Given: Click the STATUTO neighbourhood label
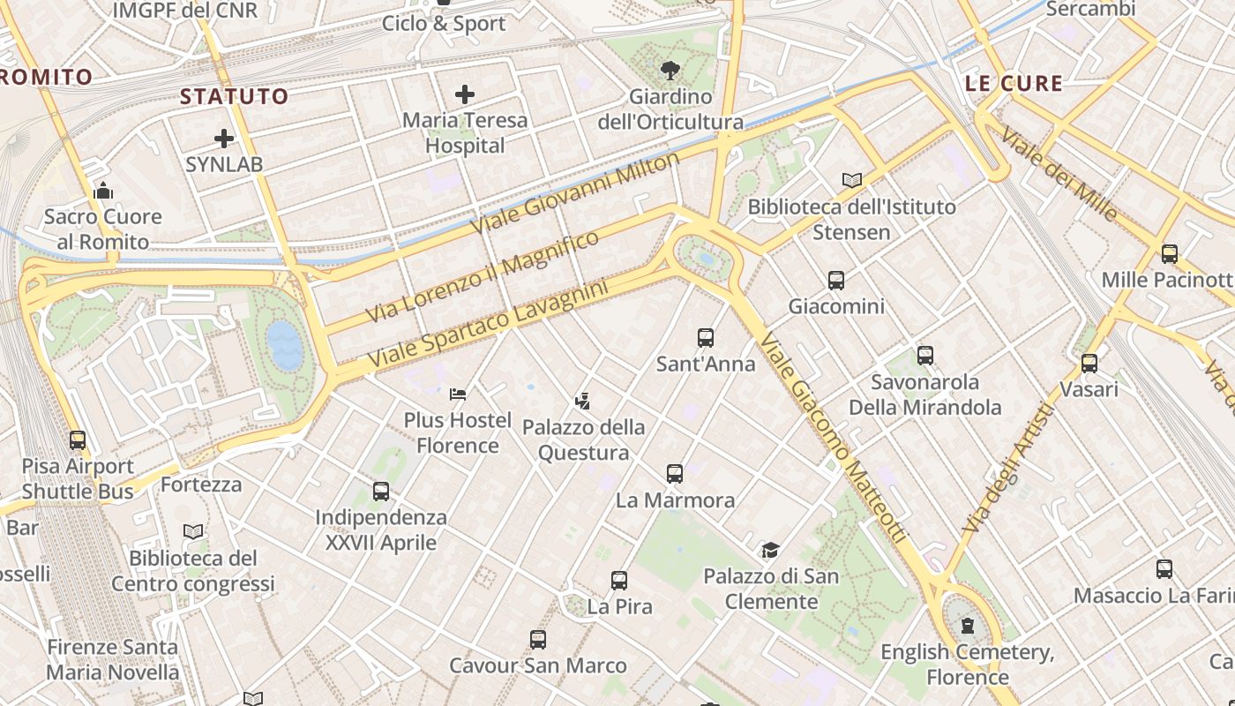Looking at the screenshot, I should click(x=235, y=96).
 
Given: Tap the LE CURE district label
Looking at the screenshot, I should click(x=1014, y=84).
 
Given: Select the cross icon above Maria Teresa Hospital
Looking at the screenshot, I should click(x=465, y=94).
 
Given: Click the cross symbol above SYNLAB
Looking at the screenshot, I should click(x=224, y=139).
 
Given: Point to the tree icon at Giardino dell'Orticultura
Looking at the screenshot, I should click(x=670, y=70).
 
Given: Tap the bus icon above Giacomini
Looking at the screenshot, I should click(x=836, y=281).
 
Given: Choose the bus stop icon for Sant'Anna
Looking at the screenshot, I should click(x=706, y=337).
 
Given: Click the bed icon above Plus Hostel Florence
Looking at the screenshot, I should click(x=458, y=394).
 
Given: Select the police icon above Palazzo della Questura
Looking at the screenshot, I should click(x=582, y=402).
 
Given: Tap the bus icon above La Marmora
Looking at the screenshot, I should click(x=675, y=474).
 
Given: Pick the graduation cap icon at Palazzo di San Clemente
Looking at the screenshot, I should click(x=770, y=551).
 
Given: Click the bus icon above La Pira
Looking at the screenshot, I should click(x=619, y=581).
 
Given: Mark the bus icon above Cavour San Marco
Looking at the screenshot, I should click(x=538, y=640).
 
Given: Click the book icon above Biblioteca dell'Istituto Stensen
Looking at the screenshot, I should click(x=851, y=181).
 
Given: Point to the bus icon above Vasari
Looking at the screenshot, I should click(x=1089, y=363).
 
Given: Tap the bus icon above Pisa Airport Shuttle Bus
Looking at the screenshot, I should click(x=78, y=439).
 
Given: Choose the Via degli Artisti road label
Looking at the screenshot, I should click(x=1010, y=468).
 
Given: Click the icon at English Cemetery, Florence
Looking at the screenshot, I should click(x=969, y=627).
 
